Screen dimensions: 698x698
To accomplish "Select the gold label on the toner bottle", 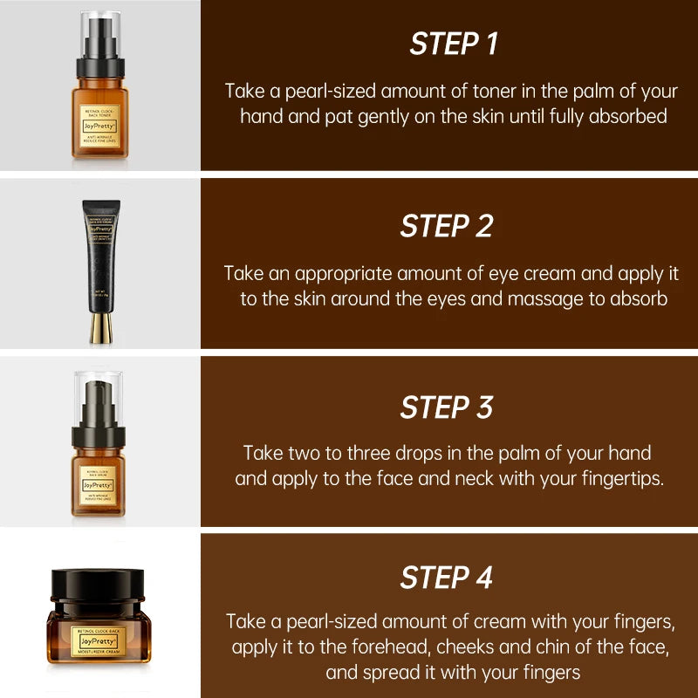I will point(99,123).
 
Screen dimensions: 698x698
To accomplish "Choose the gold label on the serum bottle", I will point(99,484).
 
